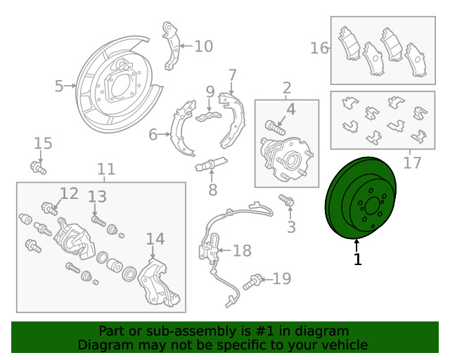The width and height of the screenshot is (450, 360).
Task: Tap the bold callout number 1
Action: click(x=357, y=259)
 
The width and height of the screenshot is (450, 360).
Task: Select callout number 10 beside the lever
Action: click(x=203, y=46)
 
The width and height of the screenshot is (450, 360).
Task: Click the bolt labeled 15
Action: click(x=38, y=167)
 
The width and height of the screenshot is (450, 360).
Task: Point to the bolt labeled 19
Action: click(x=252, y=282)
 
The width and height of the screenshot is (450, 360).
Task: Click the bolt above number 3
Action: click(x=287, y=200)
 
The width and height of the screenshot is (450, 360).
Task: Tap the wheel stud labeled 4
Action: click(x=275, y=127)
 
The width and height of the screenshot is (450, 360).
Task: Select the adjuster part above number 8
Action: click(x=211, y=164)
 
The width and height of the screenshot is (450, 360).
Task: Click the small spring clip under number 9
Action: click(x=209, y=116)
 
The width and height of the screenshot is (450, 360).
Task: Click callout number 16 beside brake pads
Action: click(x=319, y=48)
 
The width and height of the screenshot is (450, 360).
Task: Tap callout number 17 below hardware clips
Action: click(x=412, y=162)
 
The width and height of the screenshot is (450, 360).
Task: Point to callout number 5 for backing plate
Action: click(x=59, y=86)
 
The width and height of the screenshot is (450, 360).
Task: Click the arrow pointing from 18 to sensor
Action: click(x=225, y=250)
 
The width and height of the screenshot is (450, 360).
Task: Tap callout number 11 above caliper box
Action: click(x=106, y=169)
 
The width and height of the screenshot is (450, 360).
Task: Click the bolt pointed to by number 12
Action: click(x=49, y=208)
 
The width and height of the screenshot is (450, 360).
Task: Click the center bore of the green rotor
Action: click(x=372, y=205)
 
